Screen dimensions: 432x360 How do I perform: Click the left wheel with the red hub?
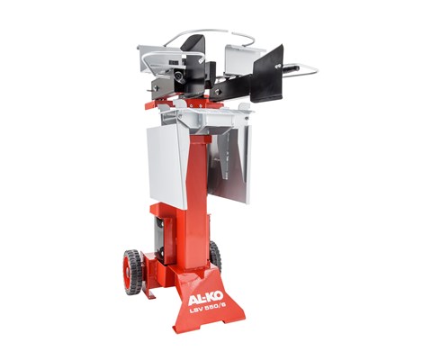pyautogui.click(x=131, y=272)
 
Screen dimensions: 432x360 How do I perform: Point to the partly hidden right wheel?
pyautogui.click(x=215, y=256)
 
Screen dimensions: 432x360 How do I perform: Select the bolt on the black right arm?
pyautogui.click(x=220, y=90)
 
